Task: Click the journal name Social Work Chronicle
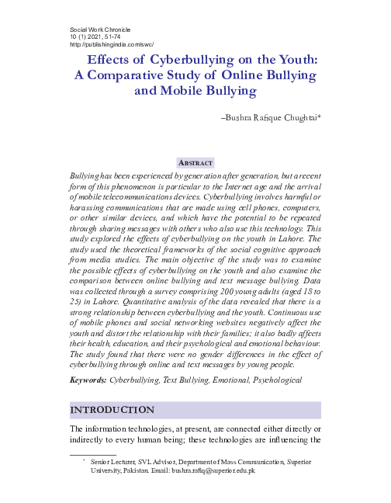(100, 28)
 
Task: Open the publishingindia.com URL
(112, 44)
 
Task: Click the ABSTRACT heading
(195, 163)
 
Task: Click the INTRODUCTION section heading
(112, 410)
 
